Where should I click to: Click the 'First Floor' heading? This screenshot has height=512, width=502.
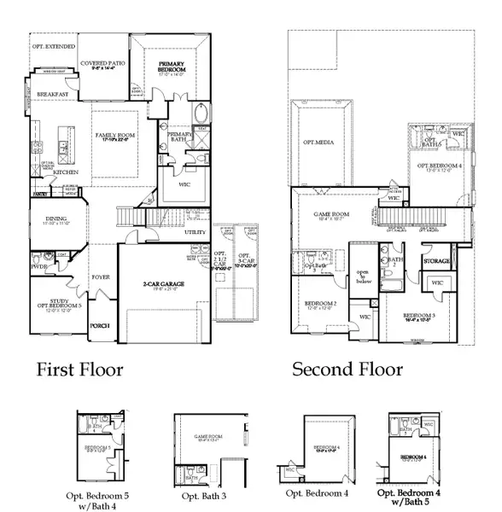[x=79, y=369]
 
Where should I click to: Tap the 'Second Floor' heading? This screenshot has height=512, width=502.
[x=347, y=369]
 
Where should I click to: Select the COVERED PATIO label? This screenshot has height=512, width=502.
[x=103, y=63]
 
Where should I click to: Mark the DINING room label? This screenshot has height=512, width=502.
[x=58, y=218]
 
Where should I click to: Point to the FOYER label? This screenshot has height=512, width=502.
[x=101, y=277]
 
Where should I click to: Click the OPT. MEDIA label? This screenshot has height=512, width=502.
[x=316, y=143]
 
